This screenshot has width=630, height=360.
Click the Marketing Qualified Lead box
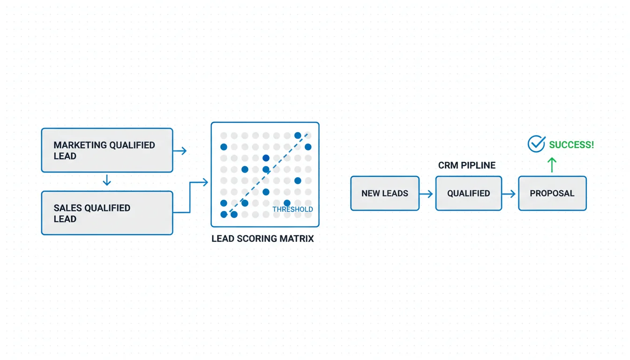click(107, 150)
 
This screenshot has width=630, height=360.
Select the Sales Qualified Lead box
click(107, 213)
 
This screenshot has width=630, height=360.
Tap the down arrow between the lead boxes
click(107, 180)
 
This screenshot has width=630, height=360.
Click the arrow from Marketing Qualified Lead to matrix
click(180, 150)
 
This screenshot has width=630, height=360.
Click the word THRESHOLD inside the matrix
click(292, 210)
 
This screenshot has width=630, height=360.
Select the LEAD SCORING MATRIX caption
click(262, 239)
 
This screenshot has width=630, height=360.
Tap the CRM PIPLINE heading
click(467, 165)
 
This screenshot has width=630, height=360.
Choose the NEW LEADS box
click(385, 193)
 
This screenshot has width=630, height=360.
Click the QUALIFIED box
click(469, 193)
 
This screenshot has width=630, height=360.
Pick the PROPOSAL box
click(552, 193)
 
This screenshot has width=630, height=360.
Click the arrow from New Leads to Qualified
click(427, 193)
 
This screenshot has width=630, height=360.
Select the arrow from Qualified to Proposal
click(510, 193)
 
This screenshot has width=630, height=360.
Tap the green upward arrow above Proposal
click(552, 165)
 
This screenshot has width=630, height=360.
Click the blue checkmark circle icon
click(536, 144)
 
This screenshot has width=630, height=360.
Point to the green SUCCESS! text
click(571, 145)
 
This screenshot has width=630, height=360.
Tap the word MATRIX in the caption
click(296, 239)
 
